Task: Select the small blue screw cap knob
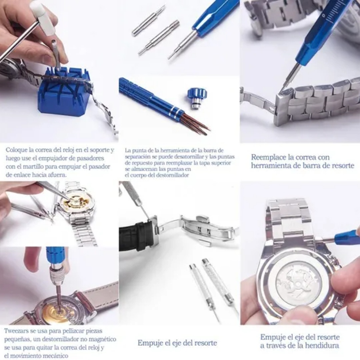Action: (195, 95)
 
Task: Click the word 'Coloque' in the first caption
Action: (16, 150)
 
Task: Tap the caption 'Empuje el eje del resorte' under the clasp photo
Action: (177, 343)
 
